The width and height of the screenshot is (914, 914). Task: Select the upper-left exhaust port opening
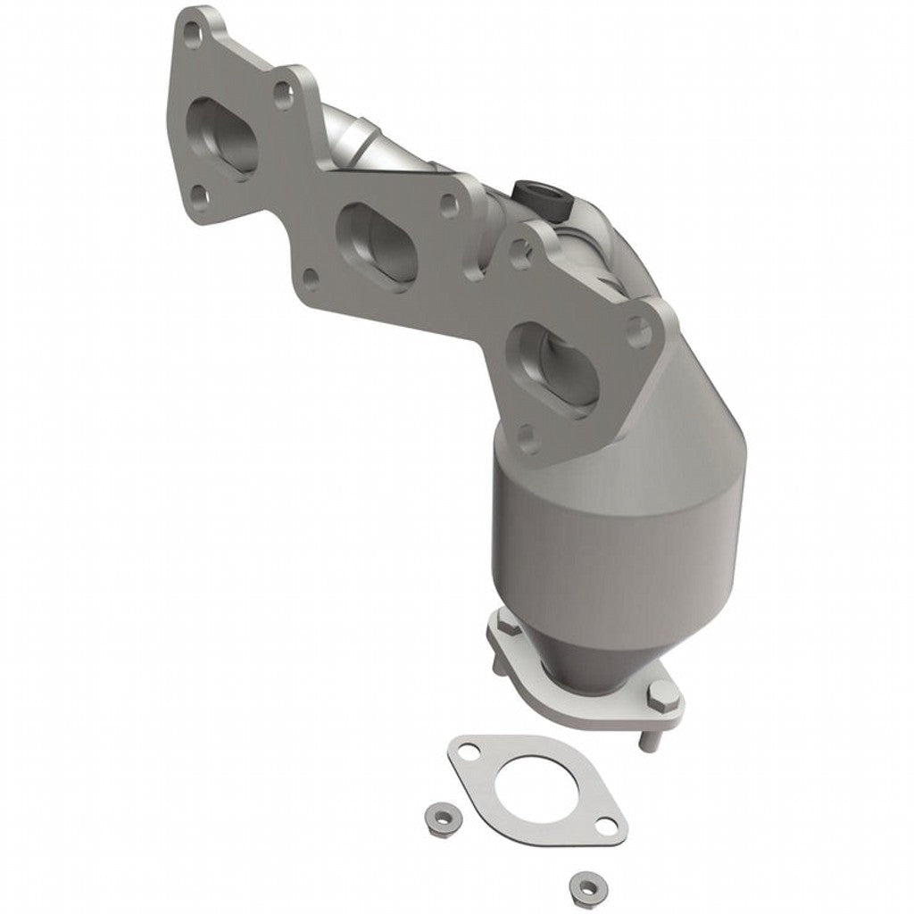[x=221, y=138]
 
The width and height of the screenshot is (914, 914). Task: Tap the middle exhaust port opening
[x=378, y=241]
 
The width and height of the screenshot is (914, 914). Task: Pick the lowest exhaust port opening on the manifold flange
[x=550, y=369]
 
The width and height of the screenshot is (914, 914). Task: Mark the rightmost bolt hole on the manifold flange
[x=638, y=333]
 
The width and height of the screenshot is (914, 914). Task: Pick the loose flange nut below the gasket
[x=585, y=883]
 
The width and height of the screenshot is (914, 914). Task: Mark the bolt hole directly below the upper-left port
[x=200, y=195]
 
